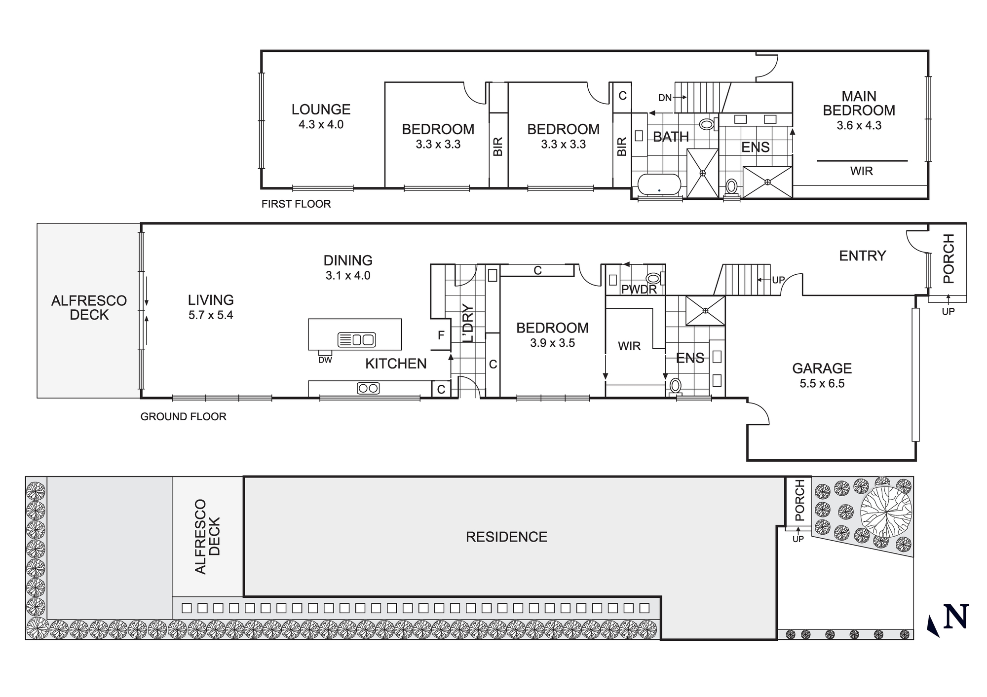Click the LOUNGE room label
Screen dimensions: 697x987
pyautogui.click(x=321, y=110)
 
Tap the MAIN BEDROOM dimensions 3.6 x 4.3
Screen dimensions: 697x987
pyautogui.click(x=859, y=125)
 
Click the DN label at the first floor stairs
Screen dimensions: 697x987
pyautogui.click(x=665, y=98)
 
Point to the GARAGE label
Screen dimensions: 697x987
pyautogui.click(x=822, y=368)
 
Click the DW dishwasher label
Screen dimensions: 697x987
pyautogui.click(x=325, y=360)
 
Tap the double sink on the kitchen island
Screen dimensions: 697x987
pyautogui.click(x=356, y=339)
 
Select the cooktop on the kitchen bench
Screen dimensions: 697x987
pyautogui.click(x=368, y=388)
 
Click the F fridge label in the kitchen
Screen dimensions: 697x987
pyautogui.click(x=441, y=335)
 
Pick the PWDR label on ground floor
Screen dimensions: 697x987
pyautogui.click(x=639, y=290)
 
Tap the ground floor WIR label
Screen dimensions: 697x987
pyautogui.click(x=629, y=346)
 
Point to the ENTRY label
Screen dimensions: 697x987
pyautogui.click(x=862, y=256)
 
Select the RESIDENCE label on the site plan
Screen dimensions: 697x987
pyautogui.click(x=506, y=537)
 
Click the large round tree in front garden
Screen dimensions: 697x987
pyautogui.click(x=886, y=512)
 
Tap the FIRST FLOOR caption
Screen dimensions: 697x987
pyautogui.click(x=296, y=204)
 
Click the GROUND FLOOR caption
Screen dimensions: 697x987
pyautogui.click(x=183, y=416)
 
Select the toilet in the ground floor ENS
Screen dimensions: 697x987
pyautogui.click(x=675, y=385)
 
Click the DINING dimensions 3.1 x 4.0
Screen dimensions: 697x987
pyautogui.click(x=348, y=276)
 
